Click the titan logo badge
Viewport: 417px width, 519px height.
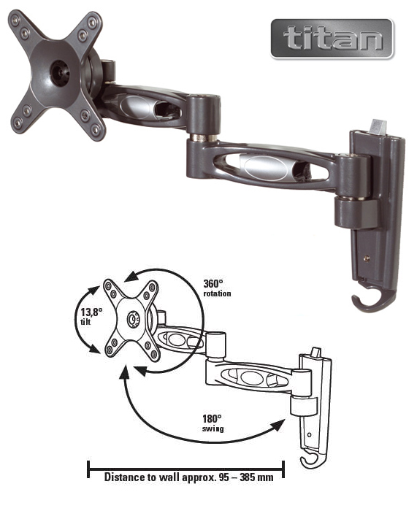point(332,39)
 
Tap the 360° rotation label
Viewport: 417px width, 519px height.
point(217,288)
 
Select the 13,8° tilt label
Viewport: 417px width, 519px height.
point(91,316)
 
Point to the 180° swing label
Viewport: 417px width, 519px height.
point(213,423)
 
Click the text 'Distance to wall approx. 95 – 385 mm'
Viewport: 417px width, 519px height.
point(189,477)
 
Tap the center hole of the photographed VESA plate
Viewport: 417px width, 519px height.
point(60,73)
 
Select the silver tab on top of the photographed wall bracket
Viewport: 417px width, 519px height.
point(378,127)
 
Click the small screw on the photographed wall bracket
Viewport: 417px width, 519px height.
point(367,258)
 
